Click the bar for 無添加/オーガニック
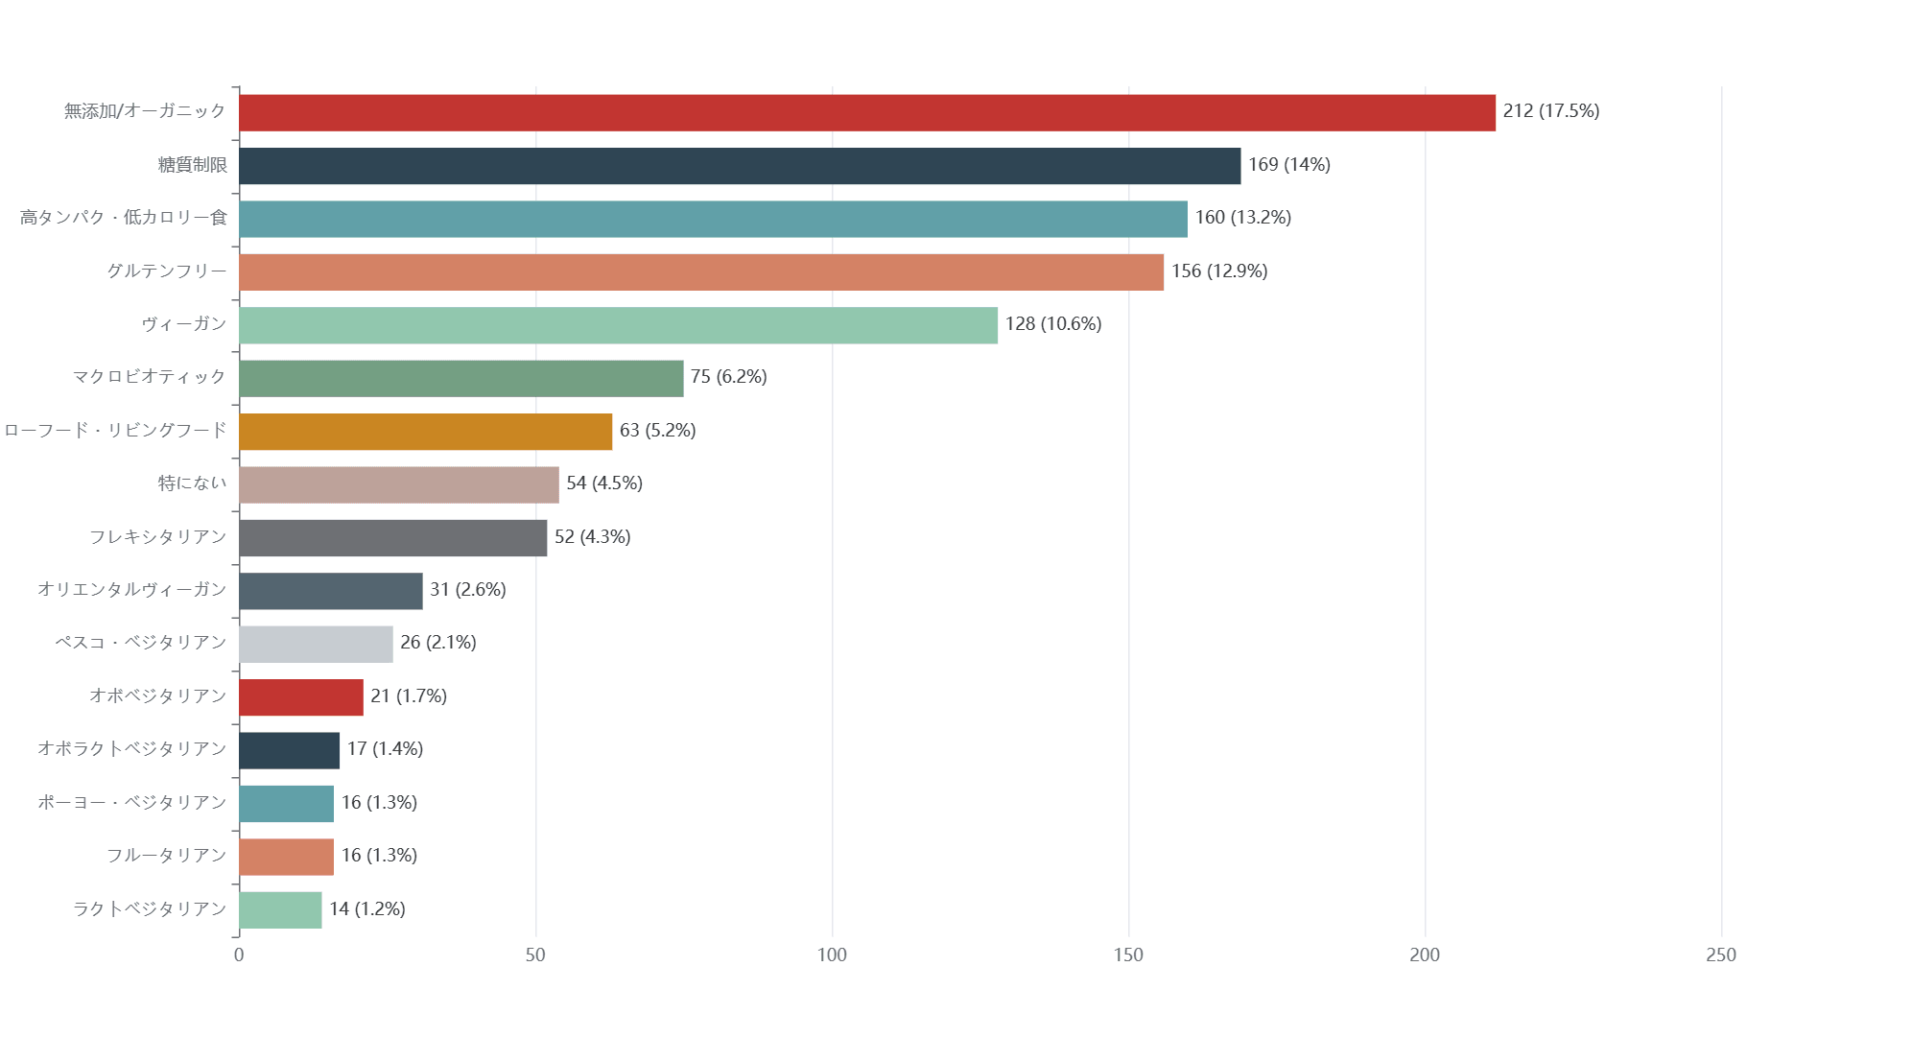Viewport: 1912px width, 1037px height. click(x=866, y=113)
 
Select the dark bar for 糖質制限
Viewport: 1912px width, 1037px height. click(x=739, y=166)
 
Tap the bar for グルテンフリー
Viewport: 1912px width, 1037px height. click(x=700, y=272)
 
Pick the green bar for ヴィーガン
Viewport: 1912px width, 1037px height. click(x=618, y=325)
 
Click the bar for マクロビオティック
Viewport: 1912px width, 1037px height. click(x=460, y=378)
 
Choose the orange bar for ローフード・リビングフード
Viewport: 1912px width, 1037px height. click(x=425, y=432)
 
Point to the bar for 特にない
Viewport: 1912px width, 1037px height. click(x=398, y=484)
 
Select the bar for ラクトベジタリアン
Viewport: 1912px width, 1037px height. click(x=280, y=909)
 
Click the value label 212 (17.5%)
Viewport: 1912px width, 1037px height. click(x=1550, y=111)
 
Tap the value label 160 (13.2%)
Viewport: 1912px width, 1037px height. click(x=1242, y=218)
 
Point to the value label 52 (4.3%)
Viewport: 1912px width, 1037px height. click(x=592, y=537)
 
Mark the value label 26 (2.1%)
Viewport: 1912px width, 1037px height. click(x=437, y=643)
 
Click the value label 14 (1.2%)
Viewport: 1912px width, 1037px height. click(x=366, y=909)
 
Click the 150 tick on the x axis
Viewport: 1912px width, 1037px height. click(x=1128, y=955)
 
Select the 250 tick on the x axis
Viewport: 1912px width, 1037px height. click(x=1720, y=955)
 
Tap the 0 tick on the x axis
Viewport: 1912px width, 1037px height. click(x=239, y=955)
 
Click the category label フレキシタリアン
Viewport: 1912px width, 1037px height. click(x=157, y=537)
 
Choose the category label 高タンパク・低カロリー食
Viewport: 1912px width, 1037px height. click(x=123, y=218)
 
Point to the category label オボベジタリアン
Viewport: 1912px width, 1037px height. click(x=157, y=696)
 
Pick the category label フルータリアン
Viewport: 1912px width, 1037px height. click(x=166, y=856)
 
